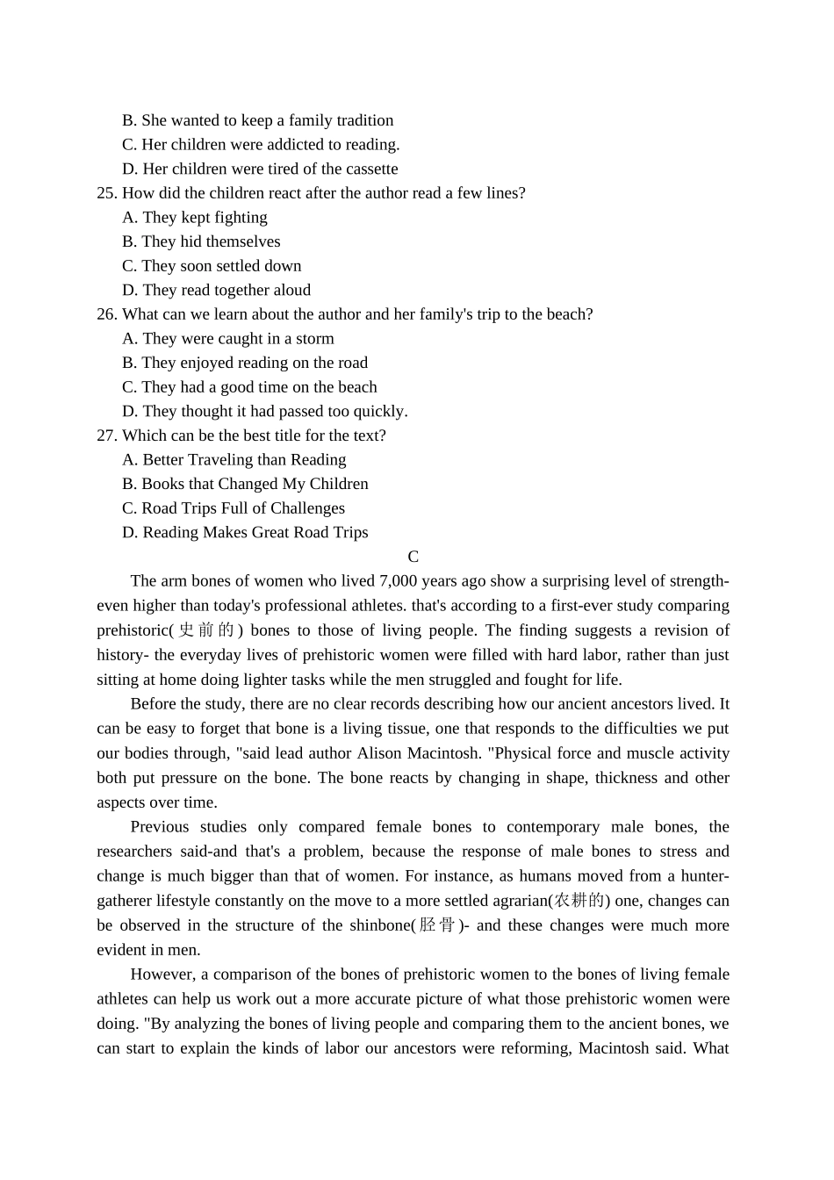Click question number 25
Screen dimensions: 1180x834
coord(106,193)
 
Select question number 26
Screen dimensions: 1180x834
coord(106,314)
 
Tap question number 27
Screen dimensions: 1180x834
coord(106,435)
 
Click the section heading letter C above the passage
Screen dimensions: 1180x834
coord(413,557)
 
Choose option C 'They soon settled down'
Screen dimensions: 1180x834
coord(212,266)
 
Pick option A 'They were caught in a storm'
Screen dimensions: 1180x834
coord(228,339)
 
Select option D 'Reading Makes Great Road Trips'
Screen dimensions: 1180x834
coord(245,533)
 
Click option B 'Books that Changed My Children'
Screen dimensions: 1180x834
coord(245,484)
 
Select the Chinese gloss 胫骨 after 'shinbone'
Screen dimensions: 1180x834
coord(437,925)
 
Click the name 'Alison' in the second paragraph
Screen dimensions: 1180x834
coord(379,753)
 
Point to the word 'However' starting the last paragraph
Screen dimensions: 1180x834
coord(162,975)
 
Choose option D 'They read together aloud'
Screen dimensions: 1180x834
coord(217,291)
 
